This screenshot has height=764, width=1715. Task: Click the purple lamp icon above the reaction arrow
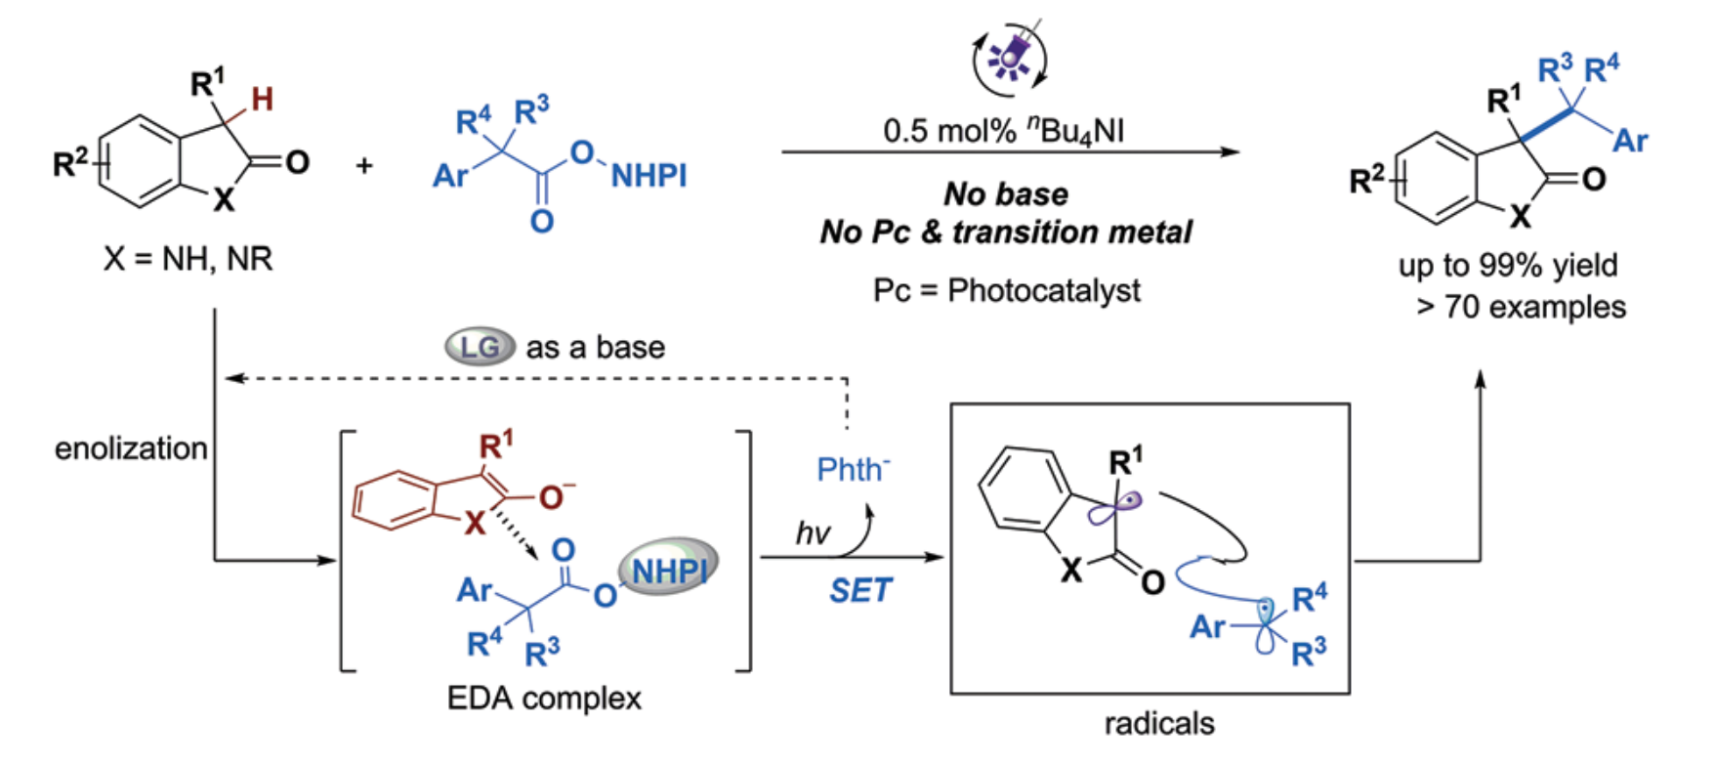click(1009, 58)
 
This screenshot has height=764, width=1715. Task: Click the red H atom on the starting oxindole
click(262, 99)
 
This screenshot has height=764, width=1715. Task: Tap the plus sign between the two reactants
click(364, 166)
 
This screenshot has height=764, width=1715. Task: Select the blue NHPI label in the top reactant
click(648, 176)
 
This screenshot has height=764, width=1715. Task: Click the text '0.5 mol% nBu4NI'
click(1003, 130)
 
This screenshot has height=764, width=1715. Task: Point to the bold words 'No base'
click(1005, 194)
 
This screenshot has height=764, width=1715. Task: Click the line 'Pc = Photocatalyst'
click(1006, 290)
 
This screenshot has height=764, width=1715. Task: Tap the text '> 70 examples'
click(1521, 307)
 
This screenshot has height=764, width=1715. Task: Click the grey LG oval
click(480, 347)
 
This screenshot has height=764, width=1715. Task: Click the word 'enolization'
click(131, 448)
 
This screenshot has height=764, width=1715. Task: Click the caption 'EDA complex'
click(544, 698)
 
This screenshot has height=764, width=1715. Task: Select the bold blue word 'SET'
click(859, 590)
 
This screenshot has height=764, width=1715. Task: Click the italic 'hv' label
click(813, 533)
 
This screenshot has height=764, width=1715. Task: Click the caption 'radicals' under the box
click(1159, 723)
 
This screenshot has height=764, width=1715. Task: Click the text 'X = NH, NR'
click(188, 259)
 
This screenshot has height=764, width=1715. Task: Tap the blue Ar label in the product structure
click(1629, 141)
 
